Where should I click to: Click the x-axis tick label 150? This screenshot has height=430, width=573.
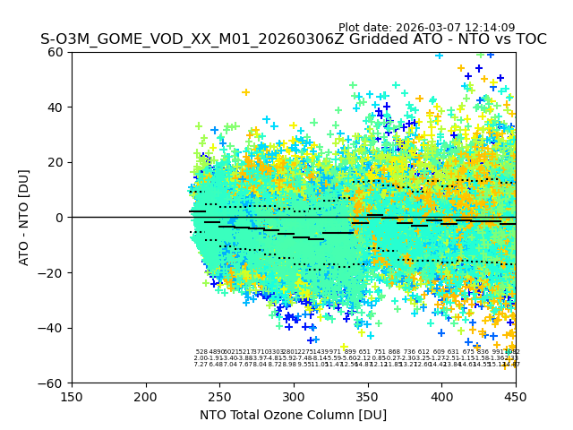[72, 397]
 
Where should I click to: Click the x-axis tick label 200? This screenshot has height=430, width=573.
[146, 397]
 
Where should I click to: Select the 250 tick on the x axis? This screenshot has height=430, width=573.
[219, 397]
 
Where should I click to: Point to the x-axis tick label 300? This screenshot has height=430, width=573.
[294, 397]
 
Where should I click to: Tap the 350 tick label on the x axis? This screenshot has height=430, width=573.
[368, 397]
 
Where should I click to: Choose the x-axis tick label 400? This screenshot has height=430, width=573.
[441, 397]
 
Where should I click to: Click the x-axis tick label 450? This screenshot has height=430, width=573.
[516, 397]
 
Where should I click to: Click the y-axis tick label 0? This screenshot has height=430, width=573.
[61, 218]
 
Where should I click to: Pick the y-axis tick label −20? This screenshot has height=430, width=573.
[54, 273]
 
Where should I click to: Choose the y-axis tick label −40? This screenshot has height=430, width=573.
[54, 328]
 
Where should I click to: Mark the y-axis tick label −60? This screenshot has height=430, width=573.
[54, 383]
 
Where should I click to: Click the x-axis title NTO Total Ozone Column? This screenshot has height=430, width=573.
[294, 415]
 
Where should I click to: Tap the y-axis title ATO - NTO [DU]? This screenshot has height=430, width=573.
[25, 218]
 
